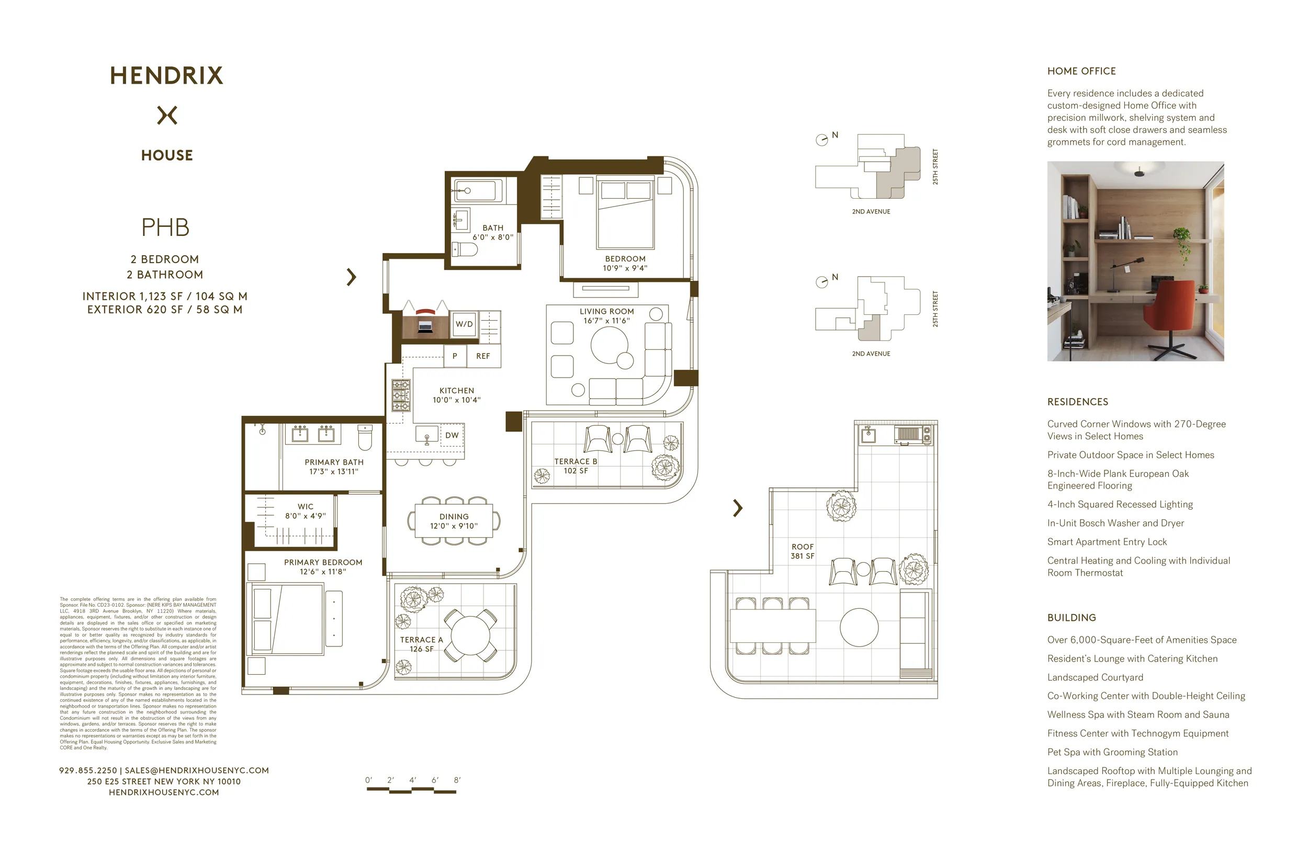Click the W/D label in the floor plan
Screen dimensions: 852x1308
pos(464,324)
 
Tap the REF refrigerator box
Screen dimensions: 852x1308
pos(483,356)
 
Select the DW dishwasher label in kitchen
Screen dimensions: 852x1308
pos(452,436)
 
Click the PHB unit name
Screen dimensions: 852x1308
pos(165,228)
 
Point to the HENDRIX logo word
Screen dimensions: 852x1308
pos(166,76)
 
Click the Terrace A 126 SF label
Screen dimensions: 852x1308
pos(422,644)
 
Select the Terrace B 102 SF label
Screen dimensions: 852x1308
pos(576,466)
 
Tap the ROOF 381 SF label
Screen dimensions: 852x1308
pos(803,551)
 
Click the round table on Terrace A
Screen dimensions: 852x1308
pos(470,635)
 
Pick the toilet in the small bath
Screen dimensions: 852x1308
pos(465,250)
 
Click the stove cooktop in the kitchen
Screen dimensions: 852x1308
pos(401,395)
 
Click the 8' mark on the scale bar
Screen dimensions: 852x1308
pos(457,780)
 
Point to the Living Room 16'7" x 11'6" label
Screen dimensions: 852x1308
pos(607,316)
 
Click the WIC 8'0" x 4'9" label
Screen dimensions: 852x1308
pos(306,511)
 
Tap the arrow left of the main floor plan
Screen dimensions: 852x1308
pos(351,277)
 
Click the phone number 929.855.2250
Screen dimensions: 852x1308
pos(88,771)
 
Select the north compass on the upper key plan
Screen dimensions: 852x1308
pos(821,140)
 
